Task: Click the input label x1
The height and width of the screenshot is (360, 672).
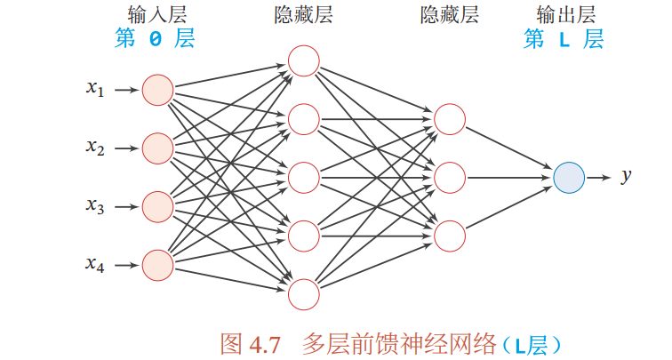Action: pos(95,89)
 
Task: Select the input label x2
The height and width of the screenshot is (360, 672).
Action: pos(95,148)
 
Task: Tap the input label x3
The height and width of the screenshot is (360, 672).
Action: pos(95,206)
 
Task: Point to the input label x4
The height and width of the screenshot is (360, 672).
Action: pos(95,263)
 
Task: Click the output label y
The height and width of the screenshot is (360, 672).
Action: pos(626,177)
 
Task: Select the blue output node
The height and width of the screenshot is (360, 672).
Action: pos(568,178)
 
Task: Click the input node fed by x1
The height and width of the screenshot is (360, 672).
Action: pos(157,90)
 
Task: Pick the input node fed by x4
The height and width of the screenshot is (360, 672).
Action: pos(157,264)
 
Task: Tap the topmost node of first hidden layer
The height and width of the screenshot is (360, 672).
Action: pos(303,60)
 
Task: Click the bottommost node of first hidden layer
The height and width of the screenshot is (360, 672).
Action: pos(303,293)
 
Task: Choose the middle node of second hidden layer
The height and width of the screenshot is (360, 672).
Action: pos(449,177)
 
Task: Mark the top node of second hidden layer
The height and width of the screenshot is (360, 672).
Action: pos(449,119)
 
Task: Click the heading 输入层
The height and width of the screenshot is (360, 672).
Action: pos(156,15)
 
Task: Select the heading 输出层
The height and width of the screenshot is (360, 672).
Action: pos(565,15)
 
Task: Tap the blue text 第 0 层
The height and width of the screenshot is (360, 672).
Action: pos(155,39)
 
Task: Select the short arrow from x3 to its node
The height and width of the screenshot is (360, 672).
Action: pos(127,206)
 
